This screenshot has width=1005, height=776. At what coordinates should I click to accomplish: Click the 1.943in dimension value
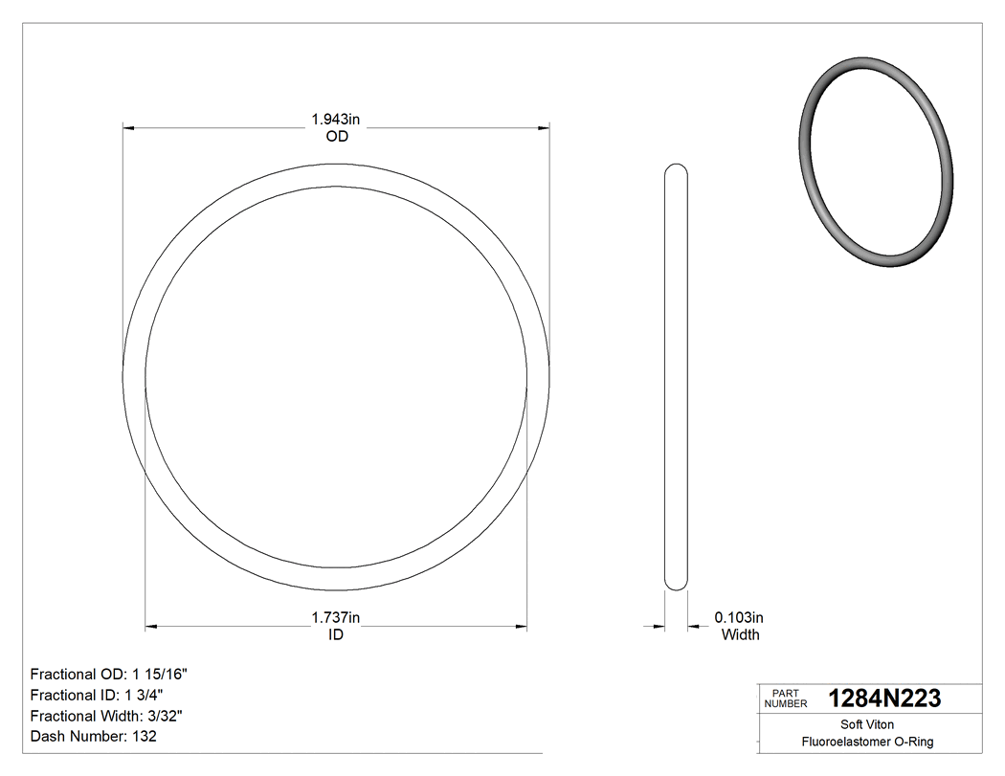click(x=335, y=120)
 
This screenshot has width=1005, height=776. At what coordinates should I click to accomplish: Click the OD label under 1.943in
click(x=336, y=137)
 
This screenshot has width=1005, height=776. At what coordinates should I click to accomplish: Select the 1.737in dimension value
click(x=335, y=618)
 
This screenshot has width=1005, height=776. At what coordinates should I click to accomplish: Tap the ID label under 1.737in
click(x=336, y=634)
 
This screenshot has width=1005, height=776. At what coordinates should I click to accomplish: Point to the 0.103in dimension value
click(x=740, y=618)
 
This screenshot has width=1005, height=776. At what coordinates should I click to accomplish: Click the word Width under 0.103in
click(x=740, y=634)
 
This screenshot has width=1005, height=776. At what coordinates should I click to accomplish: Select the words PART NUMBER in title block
click(x=786, y=698)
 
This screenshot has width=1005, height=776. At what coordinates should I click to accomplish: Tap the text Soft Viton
click(x=867, y=724)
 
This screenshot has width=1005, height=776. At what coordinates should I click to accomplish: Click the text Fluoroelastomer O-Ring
click(x=867, y=742)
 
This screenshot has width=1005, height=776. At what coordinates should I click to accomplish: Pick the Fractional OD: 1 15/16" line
click(x=109, y=674)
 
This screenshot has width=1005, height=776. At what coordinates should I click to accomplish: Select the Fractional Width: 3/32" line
click(x=107, y=716)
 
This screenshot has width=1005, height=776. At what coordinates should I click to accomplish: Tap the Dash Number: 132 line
click(x=94, y=737)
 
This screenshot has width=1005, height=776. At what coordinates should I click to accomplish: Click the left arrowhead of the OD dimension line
click(x=128, y=127)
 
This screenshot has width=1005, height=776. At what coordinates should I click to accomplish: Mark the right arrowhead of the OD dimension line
click(x=544, y=127)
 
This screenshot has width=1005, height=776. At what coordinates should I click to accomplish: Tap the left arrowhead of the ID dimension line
click(x=150, y=628)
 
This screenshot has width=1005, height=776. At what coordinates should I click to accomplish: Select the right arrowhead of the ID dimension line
click(x=522, y=628)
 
